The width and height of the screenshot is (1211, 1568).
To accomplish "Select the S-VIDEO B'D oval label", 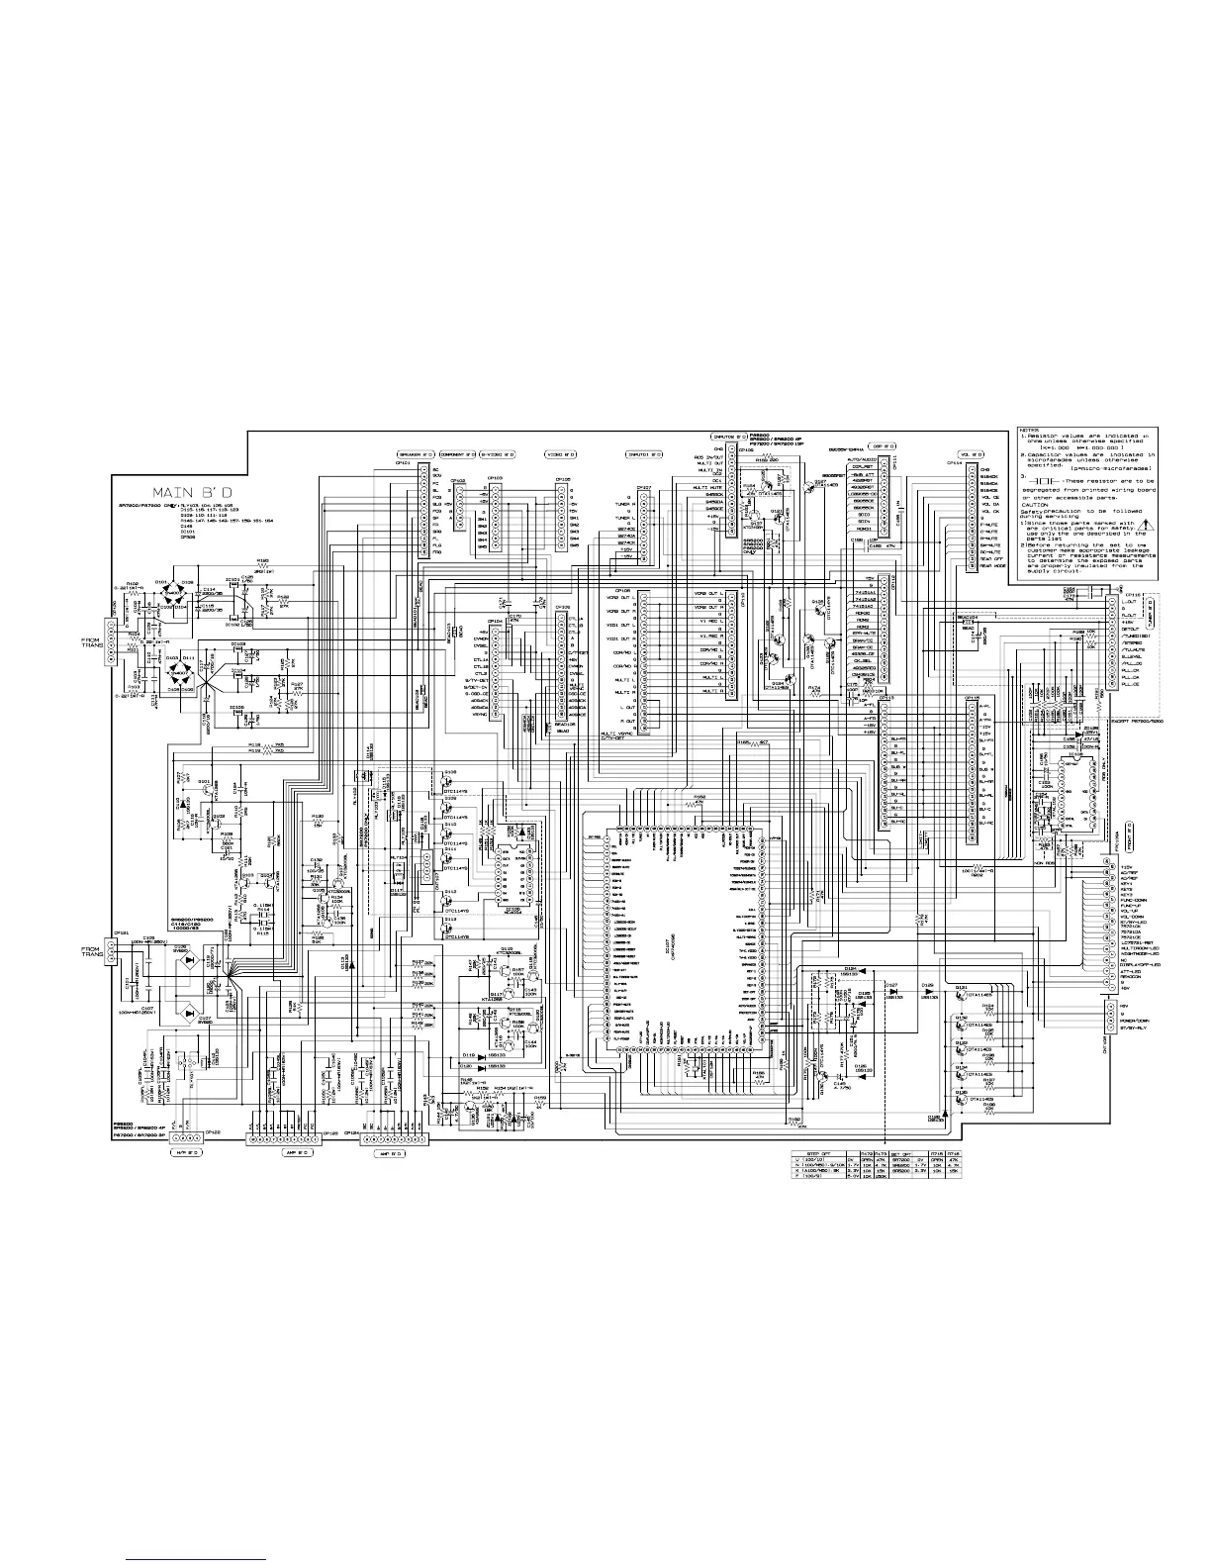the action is [x=498, y=454].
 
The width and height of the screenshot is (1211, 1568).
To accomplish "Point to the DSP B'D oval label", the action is [x=882, y=445].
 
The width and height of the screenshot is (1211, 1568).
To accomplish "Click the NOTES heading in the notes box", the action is [x=1029, y=431].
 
